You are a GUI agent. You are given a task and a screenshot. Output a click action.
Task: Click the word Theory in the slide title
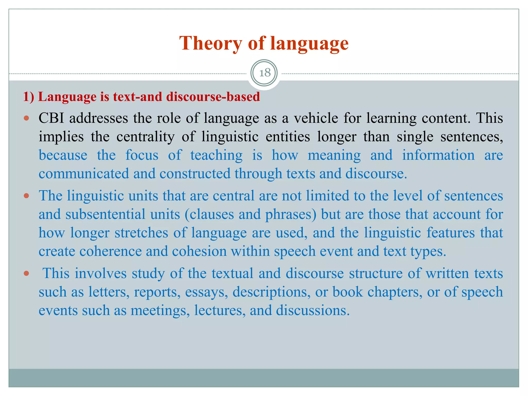[210, 43]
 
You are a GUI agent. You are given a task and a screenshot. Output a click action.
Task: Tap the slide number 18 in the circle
[265, 73]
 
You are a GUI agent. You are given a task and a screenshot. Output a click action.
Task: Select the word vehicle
[316, 118]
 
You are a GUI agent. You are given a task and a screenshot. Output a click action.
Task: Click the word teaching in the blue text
[216, 155]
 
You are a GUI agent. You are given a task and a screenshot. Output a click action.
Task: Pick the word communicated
[84, 174]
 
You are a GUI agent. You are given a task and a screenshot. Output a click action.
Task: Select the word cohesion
[199, 251]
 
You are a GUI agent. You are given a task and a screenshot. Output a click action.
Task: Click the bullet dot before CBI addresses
[26, 119]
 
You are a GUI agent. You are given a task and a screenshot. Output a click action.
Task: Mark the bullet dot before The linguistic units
[26, 196]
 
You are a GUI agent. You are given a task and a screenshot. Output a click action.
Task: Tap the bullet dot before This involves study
[26, 273]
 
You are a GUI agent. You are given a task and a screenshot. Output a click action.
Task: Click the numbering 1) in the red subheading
[28, 97]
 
